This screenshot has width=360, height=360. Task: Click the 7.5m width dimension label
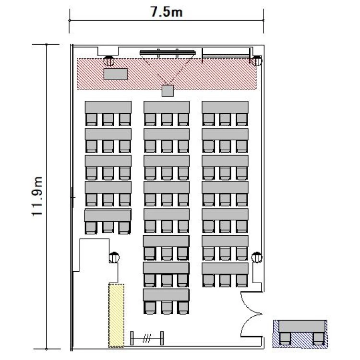click(167, 12)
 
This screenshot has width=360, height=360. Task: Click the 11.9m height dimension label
click(37, 196)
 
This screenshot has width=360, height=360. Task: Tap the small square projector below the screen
click(168, 91)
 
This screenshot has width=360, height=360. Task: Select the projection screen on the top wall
click(168, 53)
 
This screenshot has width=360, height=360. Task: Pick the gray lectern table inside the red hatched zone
click(116, 74)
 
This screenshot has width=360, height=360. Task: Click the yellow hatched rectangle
click(116, 315)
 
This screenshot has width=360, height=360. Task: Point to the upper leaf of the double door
click(251, 302)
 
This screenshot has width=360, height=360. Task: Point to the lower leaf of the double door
click(251, 325)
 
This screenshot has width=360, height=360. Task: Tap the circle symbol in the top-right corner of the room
click(257, 61)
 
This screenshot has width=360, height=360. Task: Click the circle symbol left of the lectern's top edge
click(109, 61)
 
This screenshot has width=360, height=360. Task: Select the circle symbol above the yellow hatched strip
click(114, 257)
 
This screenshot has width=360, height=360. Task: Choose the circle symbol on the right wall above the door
click(257, 257)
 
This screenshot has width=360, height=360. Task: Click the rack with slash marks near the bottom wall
click(147, 338)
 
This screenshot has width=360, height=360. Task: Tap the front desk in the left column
click(108, 107)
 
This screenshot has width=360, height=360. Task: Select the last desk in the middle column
click(166, 295)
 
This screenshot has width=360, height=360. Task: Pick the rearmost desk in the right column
click(225, 268)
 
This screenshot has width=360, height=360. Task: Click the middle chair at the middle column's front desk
click(167, 120)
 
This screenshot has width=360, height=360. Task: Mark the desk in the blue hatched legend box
click(302, 326)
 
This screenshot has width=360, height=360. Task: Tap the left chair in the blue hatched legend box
click(285, 339)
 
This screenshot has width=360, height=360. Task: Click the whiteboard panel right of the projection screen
click(226, 56)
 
